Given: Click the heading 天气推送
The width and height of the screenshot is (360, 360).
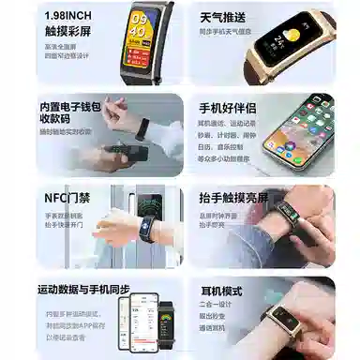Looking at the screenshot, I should click(224, 17).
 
